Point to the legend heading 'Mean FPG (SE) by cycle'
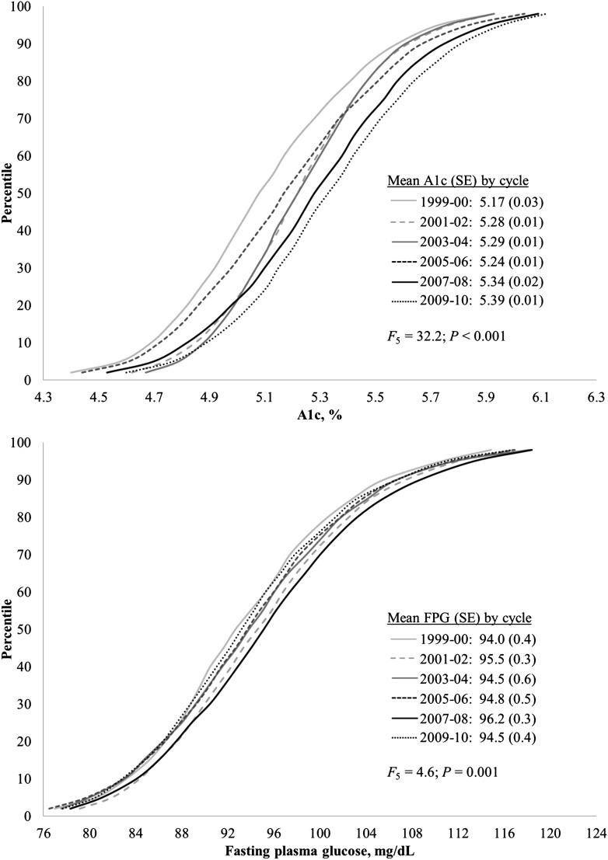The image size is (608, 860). coord(459,618)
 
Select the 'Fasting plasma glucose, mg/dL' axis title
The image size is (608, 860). coord(319,850)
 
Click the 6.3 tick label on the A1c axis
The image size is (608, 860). coord(595,396)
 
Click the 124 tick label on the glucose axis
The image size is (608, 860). coord(595,832)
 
